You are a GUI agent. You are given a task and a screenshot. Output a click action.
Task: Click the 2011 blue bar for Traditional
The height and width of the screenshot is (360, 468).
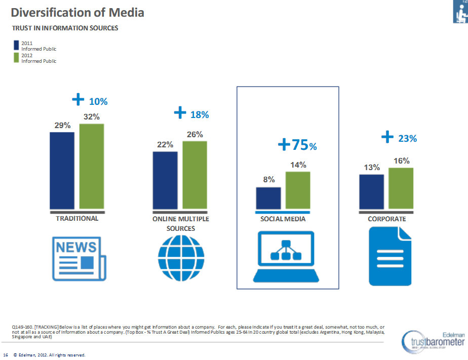[x=62, y=170]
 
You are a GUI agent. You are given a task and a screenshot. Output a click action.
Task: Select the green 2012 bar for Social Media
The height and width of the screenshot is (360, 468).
[x=298, y=190]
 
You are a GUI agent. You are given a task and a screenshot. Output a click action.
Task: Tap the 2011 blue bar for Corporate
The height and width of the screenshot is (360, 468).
[x=371, y=191]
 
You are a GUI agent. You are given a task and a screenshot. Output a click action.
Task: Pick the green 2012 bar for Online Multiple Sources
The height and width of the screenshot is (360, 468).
[x=194, y=175]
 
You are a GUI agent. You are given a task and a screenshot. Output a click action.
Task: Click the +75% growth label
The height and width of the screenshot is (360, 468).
[x=297, y=145]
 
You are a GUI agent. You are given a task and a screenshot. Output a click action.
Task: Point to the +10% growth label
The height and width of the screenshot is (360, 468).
[x=90, y=100]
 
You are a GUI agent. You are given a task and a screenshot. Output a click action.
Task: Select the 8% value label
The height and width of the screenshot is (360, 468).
[x=268, y=179]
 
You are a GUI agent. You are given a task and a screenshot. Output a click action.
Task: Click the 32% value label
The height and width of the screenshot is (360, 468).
[x=91, y=116]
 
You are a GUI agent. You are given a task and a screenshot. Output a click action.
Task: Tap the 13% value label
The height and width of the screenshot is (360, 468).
[x=371, y=167]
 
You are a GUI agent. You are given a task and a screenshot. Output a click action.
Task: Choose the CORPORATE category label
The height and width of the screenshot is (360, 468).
[x=387, y=219]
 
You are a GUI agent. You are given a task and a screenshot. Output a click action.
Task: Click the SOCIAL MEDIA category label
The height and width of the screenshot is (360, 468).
[x=283, y=219]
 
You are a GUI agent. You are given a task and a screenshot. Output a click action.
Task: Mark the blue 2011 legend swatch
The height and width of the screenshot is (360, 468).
[x=16, y=46]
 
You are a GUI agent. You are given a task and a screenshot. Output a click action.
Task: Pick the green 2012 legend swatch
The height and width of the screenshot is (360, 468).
[x=16, y=58]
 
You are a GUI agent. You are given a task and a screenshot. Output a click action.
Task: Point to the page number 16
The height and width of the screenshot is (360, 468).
[x=6, y=354]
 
